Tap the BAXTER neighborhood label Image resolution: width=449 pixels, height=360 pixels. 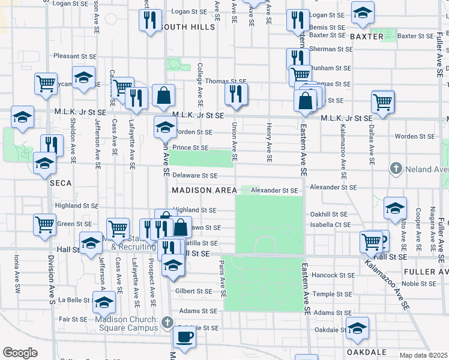point(366,37)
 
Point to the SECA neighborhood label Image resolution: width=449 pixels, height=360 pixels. point(61,182)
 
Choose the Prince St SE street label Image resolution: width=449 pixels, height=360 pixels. point(190,148)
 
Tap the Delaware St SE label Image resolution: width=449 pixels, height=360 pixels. point(194,176)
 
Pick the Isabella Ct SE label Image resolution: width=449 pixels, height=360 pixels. point(331,224)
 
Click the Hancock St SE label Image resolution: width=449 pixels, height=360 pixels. point(330,275)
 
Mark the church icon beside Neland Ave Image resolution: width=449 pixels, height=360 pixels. point(395,169)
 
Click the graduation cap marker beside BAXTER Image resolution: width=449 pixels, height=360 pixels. point(362,13)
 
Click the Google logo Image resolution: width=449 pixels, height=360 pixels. point(20,353)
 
